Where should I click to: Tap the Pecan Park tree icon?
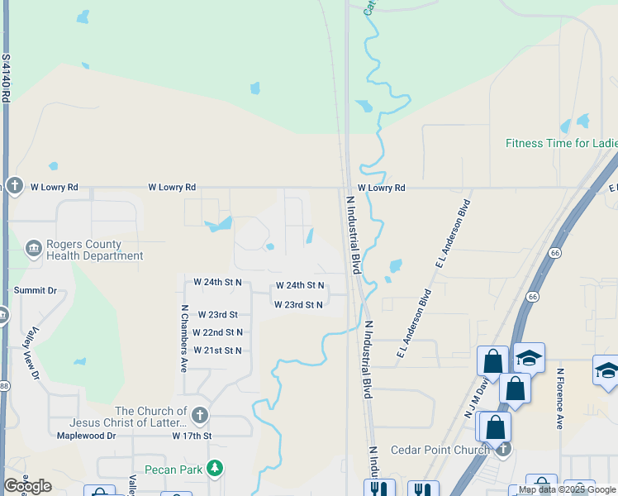point(216,470)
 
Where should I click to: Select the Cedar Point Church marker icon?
point(502,449)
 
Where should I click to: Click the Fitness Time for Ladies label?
point(561,143)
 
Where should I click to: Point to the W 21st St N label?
point(217,351)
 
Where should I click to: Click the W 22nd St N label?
point(217,332)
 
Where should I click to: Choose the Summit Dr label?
point(36,291)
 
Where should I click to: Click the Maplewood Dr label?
point(86,436)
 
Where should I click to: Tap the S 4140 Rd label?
point(5,79)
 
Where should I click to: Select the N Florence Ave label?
point(559,398)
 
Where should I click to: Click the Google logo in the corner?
point(27,486)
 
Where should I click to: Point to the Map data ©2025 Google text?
point(566,490)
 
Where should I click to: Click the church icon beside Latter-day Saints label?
point(199,415)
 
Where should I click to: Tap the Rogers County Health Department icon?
point(34,248)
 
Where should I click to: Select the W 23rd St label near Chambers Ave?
point(217,315)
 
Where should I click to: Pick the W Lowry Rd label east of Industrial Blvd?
point(382,188)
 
